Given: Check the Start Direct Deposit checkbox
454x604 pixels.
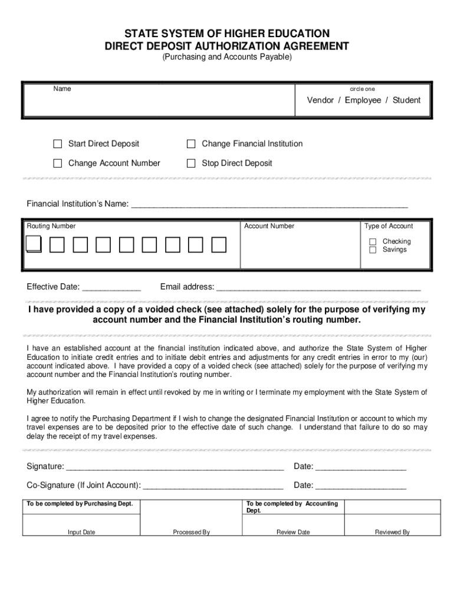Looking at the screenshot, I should tap(57, 144).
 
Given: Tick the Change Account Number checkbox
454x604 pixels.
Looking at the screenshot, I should tap(57, 163).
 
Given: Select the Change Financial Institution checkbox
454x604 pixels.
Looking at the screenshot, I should tap(191, 144).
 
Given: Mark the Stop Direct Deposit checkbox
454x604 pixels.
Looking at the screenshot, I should tap(191, 163).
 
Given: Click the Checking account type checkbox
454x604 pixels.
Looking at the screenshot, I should tap(373, 242).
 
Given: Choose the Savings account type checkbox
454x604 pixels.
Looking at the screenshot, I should tap(373, 250).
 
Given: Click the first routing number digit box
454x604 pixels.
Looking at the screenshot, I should tap(34, 245).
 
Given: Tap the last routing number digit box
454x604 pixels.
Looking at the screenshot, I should tap(219, 245).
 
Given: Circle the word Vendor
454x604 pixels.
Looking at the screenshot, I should tap(320, 100).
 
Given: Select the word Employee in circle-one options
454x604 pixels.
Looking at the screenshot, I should tap(363, 100).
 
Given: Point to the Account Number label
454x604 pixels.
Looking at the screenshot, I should tap(269, 226).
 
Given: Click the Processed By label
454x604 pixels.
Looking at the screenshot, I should tap(191, 532).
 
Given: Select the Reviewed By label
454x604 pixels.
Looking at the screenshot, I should tap(392, 532).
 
